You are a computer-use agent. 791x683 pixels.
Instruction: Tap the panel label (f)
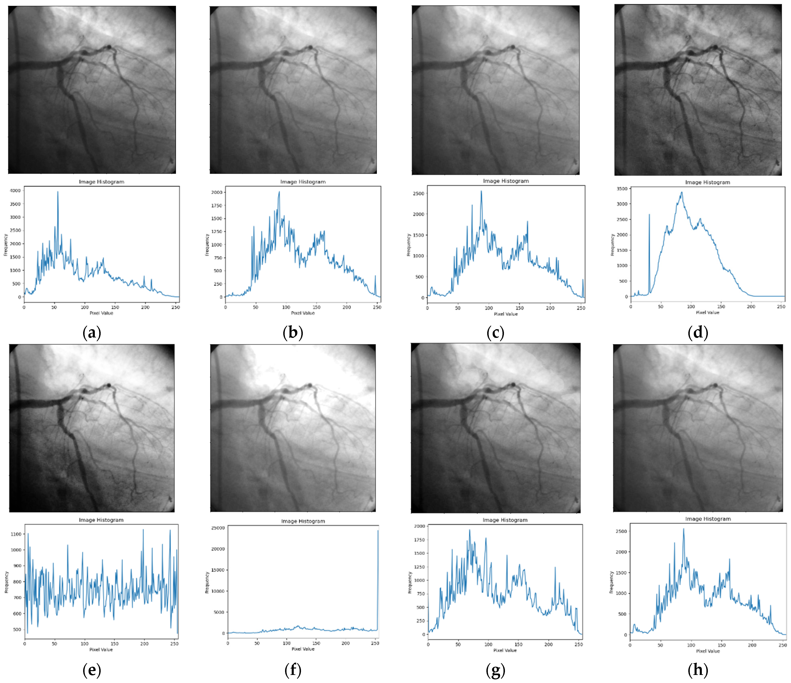(x=293, y=670)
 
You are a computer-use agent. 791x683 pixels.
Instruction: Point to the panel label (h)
(x=697, y=670)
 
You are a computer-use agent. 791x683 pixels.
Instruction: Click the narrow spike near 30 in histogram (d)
(x=649, y=215)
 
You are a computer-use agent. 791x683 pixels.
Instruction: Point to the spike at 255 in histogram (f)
(x=378, y=531)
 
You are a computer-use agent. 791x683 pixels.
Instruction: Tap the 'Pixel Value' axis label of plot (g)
(x=505, y=650)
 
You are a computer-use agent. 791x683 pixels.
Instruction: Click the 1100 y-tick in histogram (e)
(x=16, y=534)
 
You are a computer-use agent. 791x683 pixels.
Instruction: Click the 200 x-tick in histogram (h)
(x=752, y=645)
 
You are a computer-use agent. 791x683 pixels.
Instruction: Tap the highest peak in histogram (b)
(x=279, y=192)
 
